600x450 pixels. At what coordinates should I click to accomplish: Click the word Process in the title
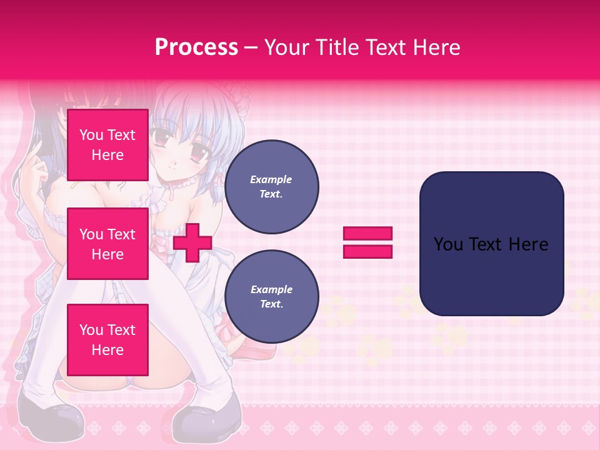(196, 47)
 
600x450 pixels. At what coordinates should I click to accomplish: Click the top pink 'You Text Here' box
(107, 145)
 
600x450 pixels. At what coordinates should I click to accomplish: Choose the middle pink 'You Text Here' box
(107, 244)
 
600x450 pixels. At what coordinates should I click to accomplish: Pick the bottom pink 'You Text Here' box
(107, 340)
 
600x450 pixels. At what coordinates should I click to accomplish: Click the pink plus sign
(192, 242)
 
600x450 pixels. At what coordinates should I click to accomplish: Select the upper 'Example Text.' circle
(271, 187)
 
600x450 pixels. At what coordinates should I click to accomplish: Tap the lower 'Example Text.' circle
(271, 297)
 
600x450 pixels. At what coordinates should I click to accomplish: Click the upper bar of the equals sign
(367, 233)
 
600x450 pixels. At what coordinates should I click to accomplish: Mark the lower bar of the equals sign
(367, 252)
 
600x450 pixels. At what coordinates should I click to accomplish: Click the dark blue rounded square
(491, 244)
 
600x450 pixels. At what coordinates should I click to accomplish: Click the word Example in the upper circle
(271, 179)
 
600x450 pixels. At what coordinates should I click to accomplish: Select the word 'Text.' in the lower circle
(271, 304)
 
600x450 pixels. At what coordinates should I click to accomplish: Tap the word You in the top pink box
(91, 135)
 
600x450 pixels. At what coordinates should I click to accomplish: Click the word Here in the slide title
(437, 47)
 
